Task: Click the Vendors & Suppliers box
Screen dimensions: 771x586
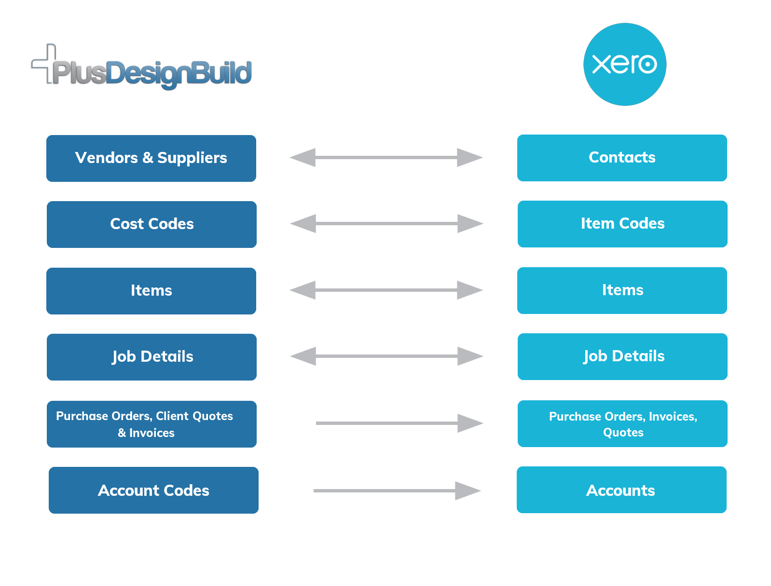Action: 151,158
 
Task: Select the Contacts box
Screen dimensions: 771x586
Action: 622,158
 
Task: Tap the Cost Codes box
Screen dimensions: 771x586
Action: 151,224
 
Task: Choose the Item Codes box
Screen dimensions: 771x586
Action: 622,224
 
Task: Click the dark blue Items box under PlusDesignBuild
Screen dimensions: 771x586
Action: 151,291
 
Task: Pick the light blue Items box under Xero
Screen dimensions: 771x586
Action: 622,290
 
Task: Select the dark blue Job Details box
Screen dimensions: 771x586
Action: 151,357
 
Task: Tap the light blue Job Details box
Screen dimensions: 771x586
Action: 622,356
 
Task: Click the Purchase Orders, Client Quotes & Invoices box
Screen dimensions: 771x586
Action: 151,424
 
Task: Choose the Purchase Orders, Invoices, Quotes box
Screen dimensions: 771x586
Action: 622,423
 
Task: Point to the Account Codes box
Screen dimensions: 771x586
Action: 153,490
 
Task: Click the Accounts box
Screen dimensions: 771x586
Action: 621,490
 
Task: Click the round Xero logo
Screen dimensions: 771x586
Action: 624,64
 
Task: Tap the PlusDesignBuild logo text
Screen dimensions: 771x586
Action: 152,74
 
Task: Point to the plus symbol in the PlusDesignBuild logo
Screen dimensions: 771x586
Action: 44,64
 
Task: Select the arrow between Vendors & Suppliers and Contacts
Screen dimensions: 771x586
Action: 386,157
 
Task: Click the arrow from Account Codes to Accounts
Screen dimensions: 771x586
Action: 397,491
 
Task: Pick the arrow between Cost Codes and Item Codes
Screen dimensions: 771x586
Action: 386,223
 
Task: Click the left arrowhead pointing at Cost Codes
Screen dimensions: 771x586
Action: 303,223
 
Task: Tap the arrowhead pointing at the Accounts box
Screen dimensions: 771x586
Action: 468,491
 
